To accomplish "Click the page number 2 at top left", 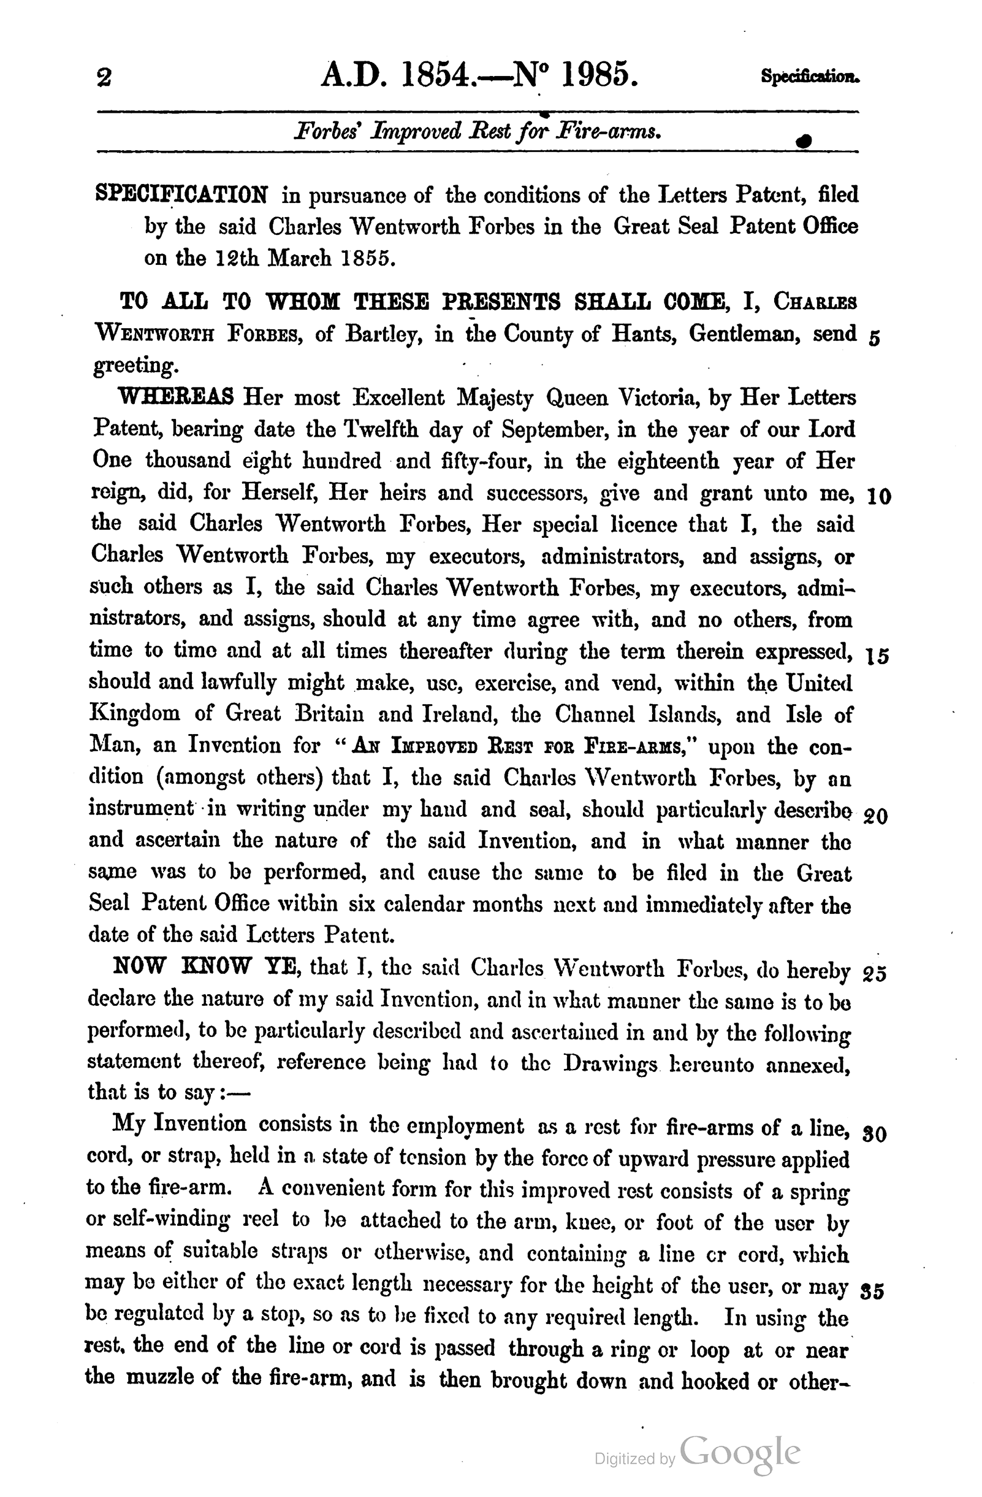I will pyautogui.click(x=104, y=78).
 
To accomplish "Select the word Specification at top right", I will pyautogui.click(x=809, y=77).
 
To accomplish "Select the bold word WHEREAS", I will pyautogui.click(x=176, y=397).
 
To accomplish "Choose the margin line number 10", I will pyautogui.click(x=878, y=497).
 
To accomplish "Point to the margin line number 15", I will pyautogui.click(x=877, y=657).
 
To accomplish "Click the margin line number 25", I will pyautogui.click(x=875, y=974).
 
